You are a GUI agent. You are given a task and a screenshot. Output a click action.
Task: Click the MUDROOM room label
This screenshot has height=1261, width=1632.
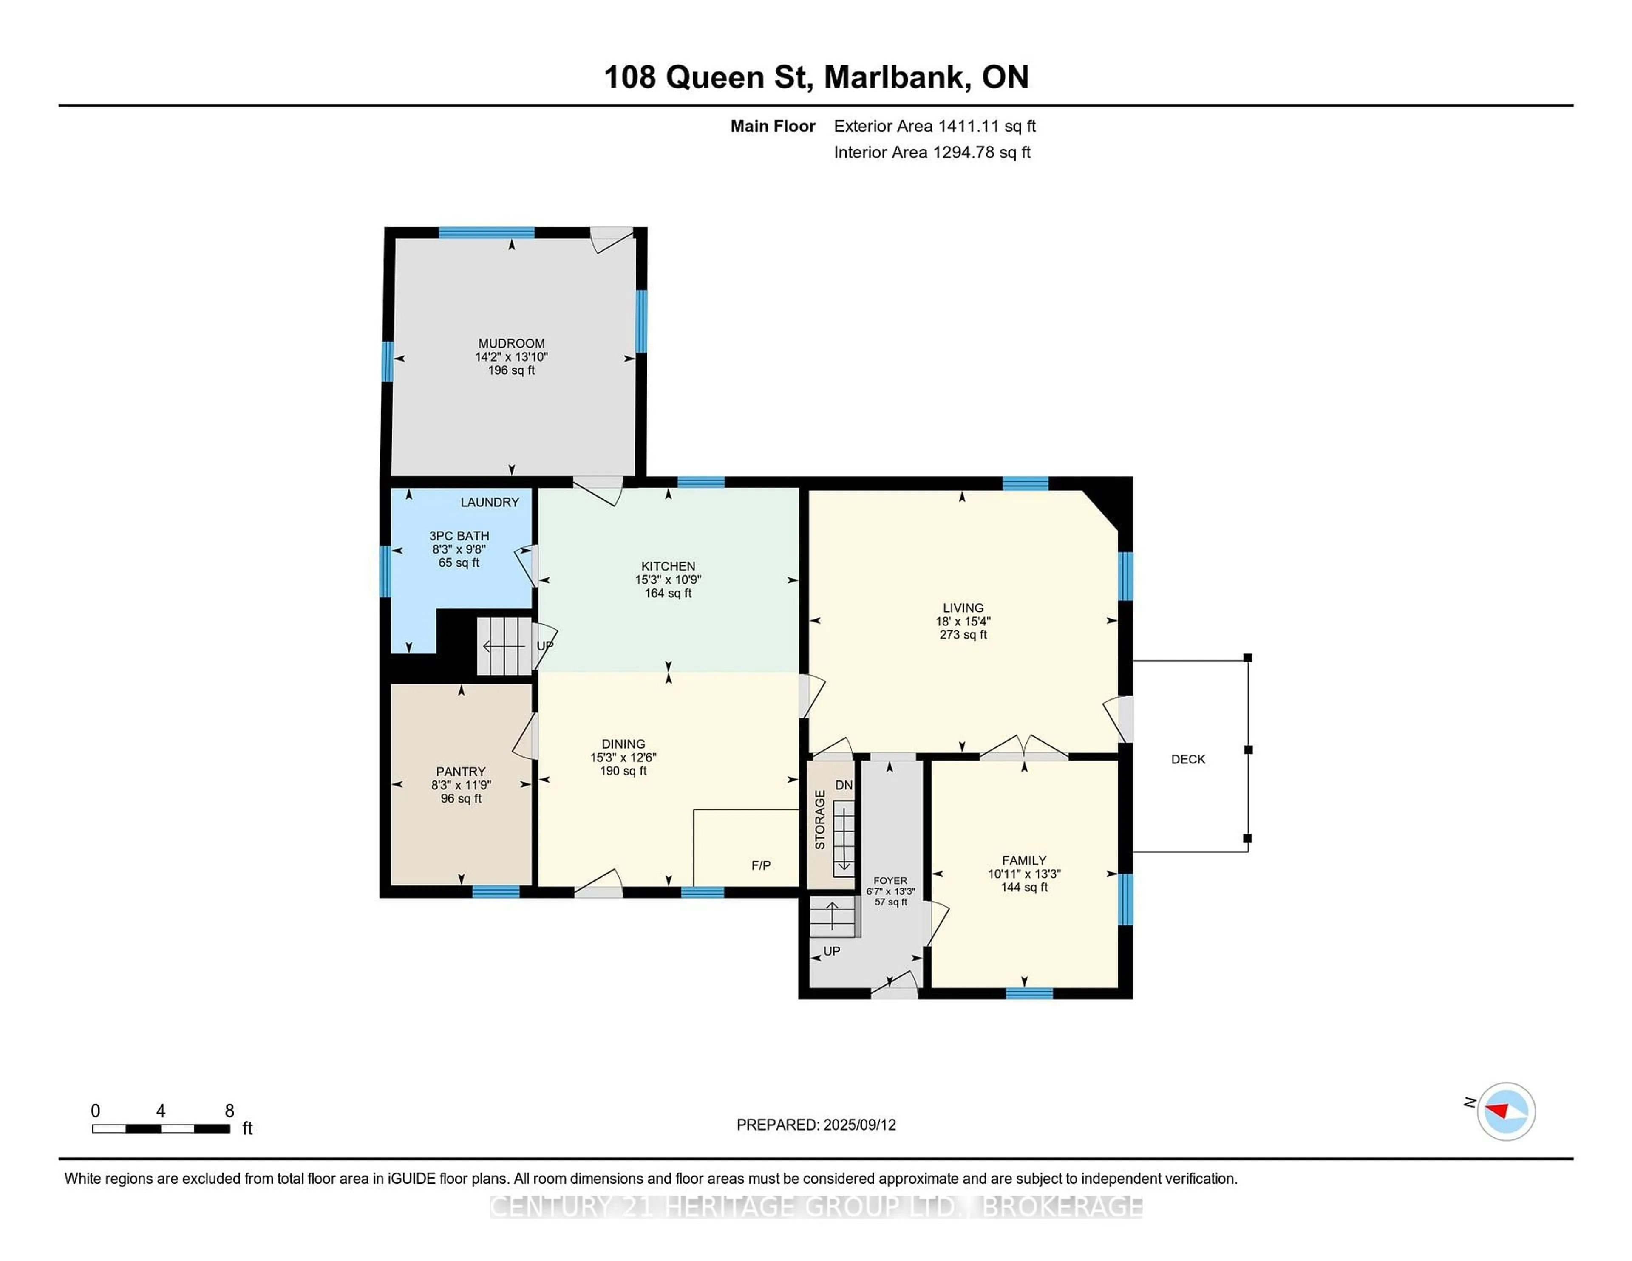pos(511,344)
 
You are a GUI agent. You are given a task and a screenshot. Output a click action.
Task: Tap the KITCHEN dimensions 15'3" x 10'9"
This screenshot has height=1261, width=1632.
pos(668,580)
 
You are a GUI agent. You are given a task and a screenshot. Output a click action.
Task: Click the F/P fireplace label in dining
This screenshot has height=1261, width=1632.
pos(761,865)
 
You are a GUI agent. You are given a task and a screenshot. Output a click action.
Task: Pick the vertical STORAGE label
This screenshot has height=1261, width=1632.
pos(820,820)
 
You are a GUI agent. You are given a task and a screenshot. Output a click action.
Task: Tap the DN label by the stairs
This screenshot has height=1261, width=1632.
pos(844,785)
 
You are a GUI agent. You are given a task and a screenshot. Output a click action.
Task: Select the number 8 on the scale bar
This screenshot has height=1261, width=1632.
pos(229,1111)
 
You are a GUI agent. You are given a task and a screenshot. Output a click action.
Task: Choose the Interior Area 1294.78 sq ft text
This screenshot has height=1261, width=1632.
pos(932,153)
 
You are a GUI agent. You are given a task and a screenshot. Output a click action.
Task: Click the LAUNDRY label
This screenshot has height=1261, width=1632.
pos(490,502)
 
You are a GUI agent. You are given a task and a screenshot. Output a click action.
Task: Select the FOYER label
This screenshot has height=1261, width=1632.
pos(890,881)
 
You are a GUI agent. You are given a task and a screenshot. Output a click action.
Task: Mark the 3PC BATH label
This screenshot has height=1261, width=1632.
pos(459,536)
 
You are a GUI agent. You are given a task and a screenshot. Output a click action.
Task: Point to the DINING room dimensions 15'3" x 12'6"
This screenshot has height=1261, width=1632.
pos(623,758)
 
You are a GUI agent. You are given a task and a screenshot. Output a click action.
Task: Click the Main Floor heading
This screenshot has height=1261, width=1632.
pos(773,126)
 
